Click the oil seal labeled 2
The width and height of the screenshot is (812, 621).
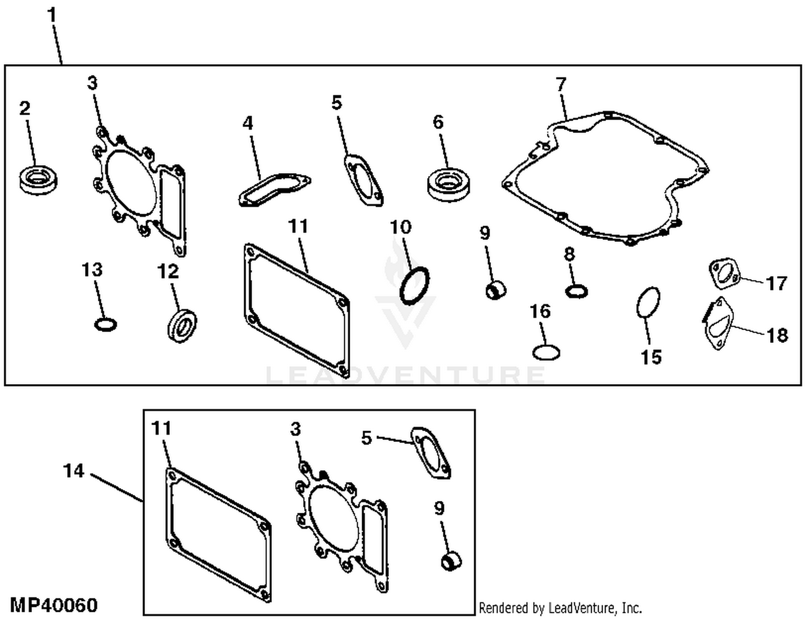pos(38,180)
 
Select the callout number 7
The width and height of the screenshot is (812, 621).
pos(561,84)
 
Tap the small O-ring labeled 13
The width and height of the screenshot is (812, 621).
pos(105,325)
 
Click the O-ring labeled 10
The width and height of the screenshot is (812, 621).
pos(415,286)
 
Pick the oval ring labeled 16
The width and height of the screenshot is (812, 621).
pos(546,353)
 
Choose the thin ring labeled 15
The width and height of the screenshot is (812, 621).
pos(648,302)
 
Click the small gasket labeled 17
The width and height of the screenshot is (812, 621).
pos(724,274)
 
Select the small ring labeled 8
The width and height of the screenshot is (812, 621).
pos(577,292)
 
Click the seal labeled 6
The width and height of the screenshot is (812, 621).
pos(448,184)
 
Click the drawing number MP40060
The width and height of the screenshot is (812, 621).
pos(54,605)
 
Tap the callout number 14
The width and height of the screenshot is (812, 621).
pos(74,471)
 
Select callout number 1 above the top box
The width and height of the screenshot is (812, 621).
pos(52,15)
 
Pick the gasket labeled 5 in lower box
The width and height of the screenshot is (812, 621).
pos(431,453)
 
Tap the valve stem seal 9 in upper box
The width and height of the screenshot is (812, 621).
pos(496,290)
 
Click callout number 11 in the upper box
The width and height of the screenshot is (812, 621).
pos(298,226)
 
